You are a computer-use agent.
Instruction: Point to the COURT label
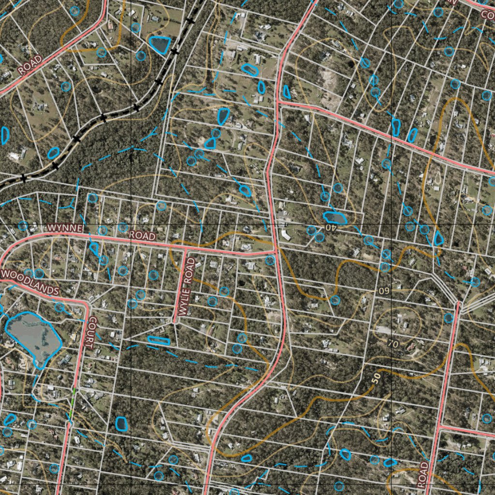(89, 333)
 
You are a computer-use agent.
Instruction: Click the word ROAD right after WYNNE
(143, 235)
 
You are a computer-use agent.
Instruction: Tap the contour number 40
(330, 227)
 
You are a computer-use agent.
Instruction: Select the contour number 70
(393, 344)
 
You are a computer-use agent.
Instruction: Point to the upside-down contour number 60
(384, 291)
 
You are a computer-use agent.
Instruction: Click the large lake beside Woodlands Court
(33, 336)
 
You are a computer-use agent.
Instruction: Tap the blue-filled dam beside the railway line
(160, 44)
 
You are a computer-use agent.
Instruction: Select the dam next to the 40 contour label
(335, 218)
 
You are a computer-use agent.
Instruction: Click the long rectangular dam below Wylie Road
(159, 340)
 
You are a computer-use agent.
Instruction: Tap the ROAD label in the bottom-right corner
(423, 475)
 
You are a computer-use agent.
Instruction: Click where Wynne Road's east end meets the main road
(276, 251)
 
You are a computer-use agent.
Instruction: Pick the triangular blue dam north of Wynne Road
(210, 143)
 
